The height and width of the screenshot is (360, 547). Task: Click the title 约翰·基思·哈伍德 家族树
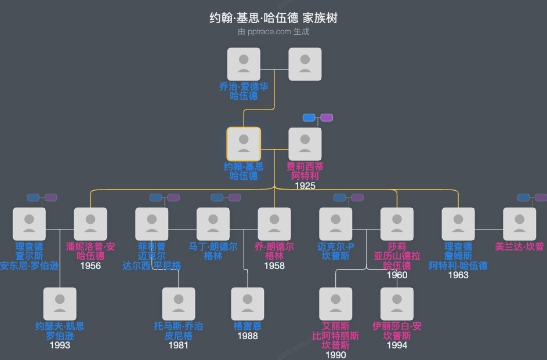pyautogui.click(x=273, y=18)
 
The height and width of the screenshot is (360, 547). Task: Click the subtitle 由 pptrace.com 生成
pyautogui.click(x=273, y=32)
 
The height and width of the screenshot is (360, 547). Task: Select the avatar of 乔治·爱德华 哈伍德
pyautogui.click(x=244, y=64)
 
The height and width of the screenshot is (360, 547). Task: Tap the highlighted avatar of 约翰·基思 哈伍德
pyautogui.click(x=244, y=144)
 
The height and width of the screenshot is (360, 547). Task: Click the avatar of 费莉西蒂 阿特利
pyautogui.click(x=305, y=144)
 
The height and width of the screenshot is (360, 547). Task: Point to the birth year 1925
pyautogui.click(x=305, y=186)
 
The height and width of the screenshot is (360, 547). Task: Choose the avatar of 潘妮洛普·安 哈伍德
pyautogui.click(x=90, y=224)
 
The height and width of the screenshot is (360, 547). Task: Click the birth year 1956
pyautogui.click(x=90, y=266)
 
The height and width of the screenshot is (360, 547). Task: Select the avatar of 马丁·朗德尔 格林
pyautogui.click(x=213, y=224)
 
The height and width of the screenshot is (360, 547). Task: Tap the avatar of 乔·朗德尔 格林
pyautogui.click(x=274, y=224)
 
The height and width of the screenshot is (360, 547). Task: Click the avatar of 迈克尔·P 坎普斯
pyautogui.click(x=336, y=224)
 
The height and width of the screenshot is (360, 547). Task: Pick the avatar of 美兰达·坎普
pyautogui.click(x=519, y=224)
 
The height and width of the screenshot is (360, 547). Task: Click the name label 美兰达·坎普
pyautogui.click(x=519, y=247)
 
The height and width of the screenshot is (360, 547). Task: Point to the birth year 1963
pyautogui.click(x=458, y=275)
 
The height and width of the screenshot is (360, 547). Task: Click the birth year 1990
pyautogui.click(x=336, y=355)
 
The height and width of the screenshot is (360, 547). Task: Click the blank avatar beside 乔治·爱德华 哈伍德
pyautogui.click(x=305, y=64)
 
